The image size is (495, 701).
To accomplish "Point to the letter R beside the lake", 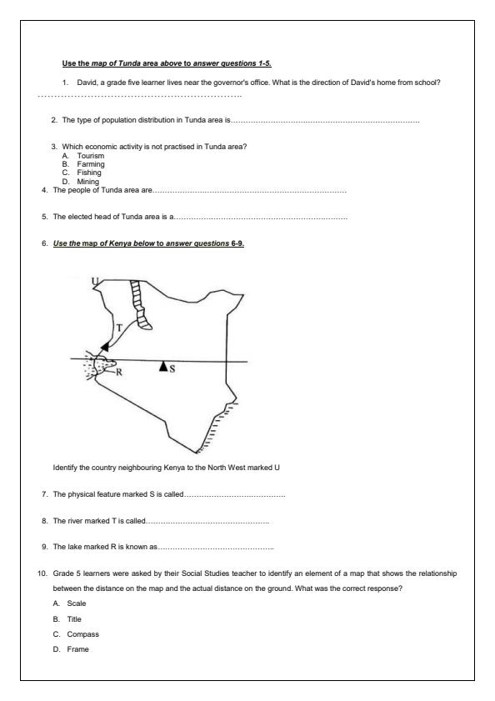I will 118,373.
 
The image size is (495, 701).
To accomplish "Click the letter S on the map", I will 172,368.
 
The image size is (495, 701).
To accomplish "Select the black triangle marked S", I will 163,366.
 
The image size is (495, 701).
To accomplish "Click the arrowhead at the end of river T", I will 103,345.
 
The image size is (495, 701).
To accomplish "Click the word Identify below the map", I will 66,467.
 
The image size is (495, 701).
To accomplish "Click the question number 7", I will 43,495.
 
